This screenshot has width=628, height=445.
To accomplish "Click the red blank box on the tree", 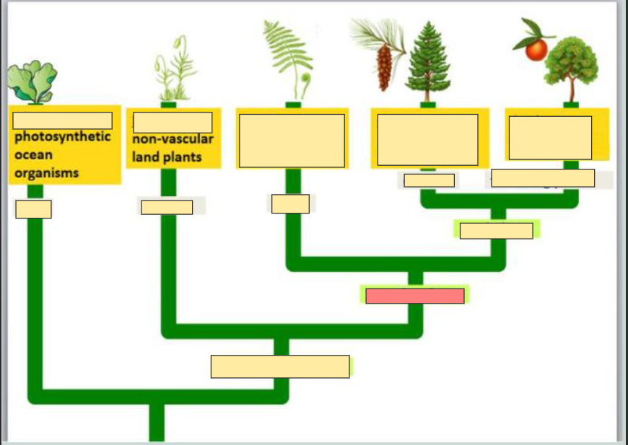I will coord(414,296).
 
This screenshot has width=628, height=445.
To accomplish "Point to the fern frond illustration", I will coord(289,54).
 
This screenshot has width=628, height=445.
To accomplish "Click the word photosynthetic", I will coord(63,137).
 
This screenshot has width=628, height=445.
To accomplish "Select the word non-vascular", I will coord(173,140).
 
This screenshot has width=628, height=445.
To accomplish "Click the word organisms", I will coord(46,173).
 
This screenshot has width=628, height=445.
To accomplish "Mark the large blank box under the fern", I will coord(292,141).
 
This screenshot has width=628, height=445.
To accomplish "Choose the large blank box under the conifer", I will coord(427,139).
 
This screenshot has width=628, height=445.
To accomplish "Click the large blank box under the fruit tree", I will coord(550,137).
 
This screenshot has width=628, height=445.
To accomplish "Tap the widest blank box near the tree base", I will coord(280,366).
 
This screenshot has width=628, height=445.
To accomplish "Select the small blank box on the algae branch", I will coord(33,209).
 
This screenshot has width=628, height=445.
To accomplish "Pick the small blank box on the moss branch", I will coord(167,207).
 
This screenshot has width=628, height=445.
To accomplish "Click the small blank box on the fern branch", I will coord(290,203).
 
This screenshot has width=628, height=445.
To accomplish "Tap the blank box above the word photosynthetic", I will coord(62,120).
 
